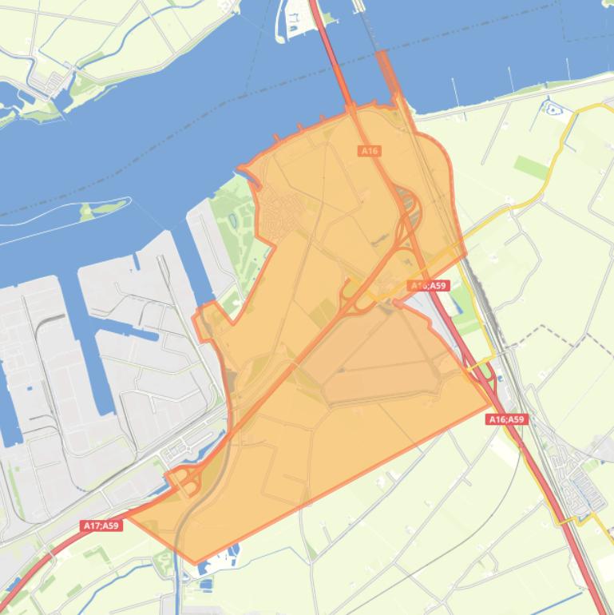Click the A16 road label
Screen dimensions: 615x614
click(369, 151)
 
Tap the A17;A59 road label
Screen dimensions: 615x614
click(101, 526)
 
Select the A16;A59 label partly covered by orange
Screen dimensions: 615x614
click(428, 285)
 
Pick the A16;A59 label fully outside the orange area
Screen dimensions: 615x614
click(507, 419)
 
